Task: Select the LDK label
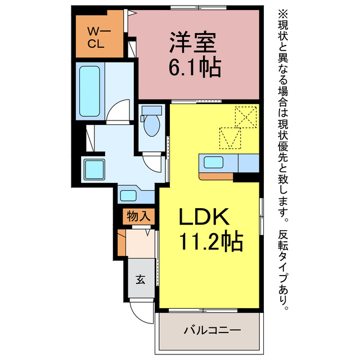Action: (204, 218)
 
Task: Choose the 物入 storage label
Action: (138, 215)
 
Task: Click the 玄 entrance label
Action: (140, 279)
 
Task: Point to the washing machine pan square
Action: (92, 168)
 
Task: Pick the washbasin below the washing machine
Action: (129, 195)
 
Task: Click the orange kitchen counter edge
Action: (217, 176)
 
